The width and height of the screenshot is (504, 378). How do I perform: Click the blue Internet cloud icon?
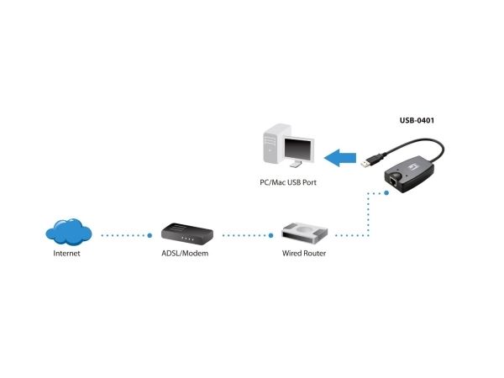point(69,232)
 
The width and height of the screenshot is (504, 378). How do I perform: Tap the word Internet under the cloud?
point(66,254)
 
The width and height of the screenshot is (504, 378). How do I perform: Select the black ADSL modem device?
point(187,233)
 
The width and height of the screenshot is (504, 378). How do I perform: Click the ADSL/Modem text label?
point(185,254)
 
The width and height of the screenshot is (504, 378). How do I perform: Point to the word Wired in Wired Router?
point(291,254)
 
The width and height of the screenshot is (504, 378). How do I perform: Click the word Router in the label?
point(315,254)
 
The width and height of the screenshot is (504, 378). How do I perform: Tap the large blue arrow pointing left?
point(340,158)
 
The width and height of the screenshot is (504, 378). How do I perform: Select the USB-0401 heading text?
point(417,120)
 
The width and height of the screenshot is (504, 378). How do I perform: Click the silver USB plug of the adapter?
point(365,164)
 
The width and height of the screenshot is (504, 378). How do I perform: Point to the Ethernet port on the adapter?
point(393,181)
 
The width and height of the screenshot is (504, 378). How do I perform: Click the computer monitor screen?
point(297,150)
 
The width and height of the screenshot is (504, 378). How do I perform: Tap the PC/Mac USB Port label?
point(288,182)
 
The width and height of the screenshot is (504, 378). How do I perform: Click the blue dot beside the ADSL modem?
point(150,235)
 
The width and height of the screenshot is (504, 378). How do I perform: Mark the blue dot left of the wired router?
point(271,235)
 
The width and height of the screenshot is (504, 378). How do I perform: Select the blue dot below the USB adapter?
point(386,193)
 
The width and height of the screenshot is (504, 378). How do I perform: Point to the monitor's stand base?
point(296,165)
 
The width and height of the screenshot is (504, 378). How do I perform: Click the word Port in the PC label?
point(309,182)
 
